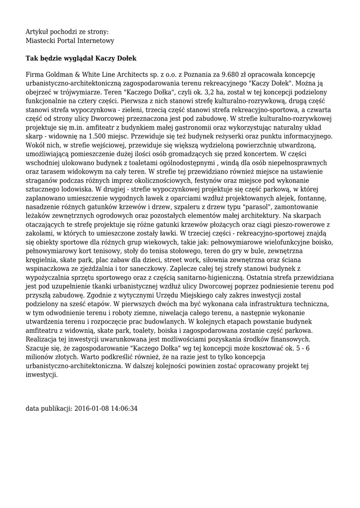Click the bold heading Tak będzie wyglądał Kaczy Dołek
pyautogui.click(x=81, y=58)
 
